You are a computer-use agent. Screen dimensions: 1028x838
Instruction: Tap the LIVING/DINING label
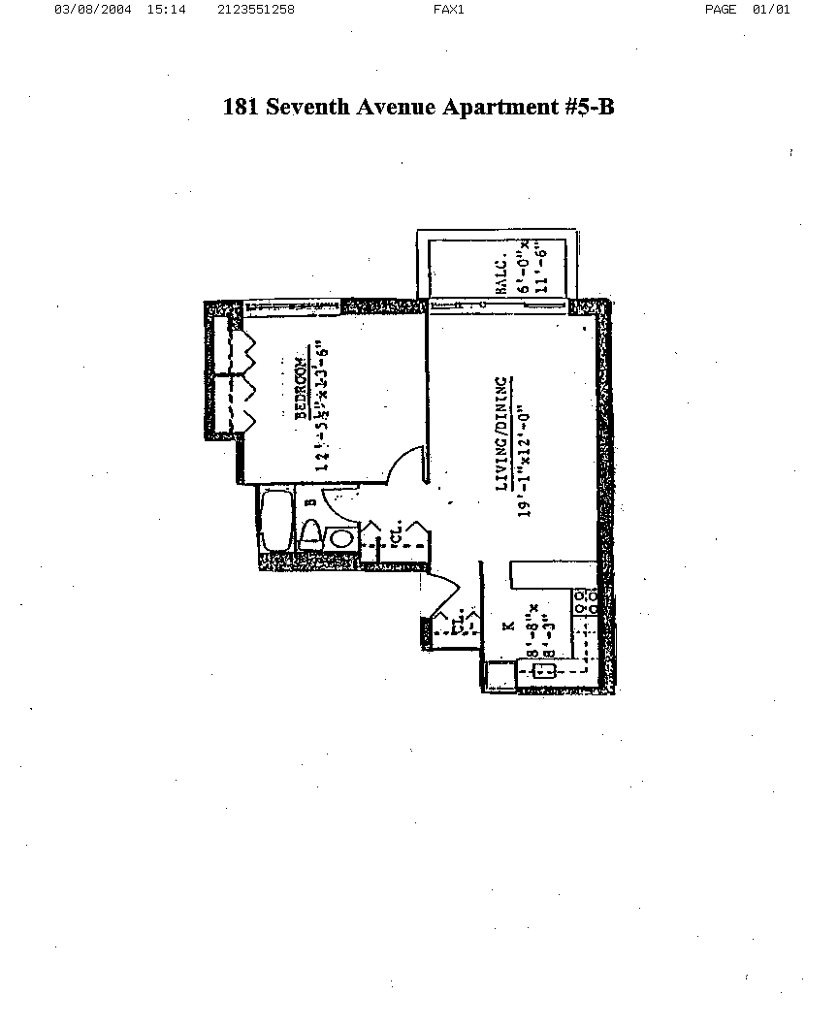click(502, 434)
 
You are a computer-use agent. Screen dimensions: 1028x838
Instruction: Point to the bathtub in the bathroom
click(275, 525)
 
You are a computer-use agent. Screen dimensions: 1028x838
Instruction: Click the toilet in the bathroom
click(310, 535)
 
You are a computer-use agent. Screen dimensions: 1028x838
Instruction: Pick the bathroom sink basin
click(340, 539)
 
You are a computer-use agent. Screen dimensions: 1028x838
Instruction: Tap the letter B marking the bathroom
click(310, 502)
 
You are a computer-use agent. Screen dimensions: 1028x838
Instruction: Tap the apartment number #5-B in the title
click(588, 107)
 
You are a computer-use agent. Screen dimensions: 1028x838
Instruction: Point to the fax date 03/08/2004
click(93, 10)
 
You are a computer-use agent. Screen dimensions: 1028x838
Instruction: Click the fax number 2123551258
click(257, 10)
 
